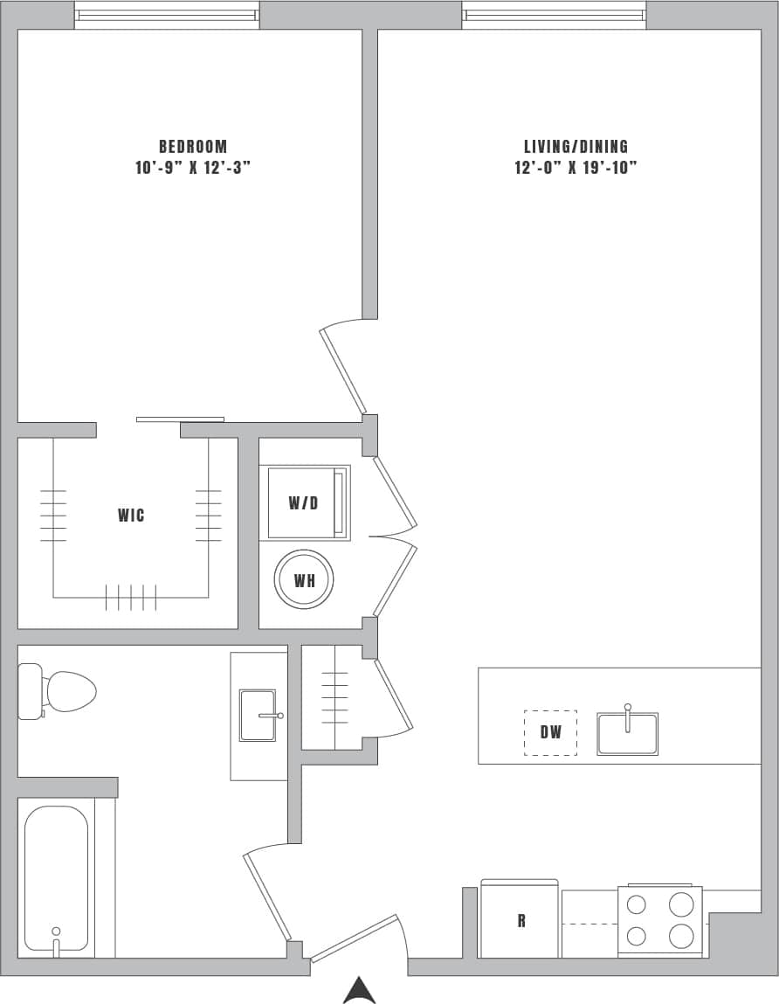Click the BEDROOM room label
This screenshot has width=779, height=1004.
click(x=193, y=147)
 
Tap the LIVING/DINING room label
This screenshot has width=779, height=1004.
click(x=576, y=147)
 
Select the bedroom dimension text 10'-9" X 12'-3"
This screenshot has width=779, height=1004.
click(x=193, y=168)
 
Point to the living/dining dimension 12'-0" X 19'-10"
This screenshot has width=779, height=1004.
click(x=576, y=168)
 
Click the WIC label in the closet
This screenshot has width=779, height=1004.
click(x=131, y=516)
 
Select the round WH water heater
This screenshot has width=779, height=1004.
click(x=304, y=580)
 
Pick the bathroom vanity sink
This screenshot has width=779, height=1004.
click(x=259, y=716)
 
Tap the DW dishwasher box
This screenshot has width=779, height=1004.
click(x=550, y=732)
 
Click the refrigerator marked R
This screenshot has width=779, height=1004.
click(x=520, y=920)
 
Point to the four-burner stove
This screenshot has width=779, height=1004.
click(x=659, y=921)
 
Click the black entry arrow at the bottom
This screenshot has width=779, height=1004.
click(x=359, y=991)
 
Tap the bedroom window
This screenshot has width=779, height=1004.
click(x=167, y=15)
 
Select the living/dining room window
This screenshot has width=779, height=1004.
click(x=554, y=15)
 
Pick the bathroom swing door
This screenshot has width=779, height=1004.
click(x=267, y=895)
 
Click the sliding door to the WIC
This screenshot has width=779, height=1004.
click(x=180, y=419)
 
